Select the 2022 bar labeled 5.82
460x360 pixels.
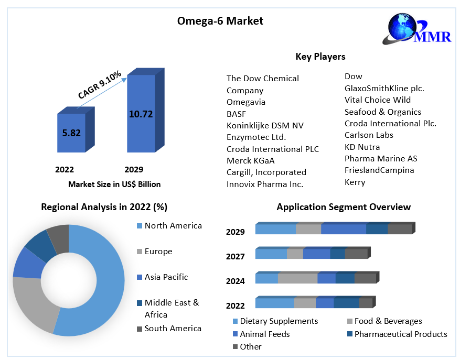(71, 133)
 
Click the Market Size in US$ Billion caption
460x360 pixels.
(114, 184)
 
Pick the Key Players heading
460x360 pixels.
(320, 57)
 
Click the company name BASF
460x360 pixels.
(236, 114)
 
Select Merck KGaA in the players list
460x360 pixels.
(251, 161)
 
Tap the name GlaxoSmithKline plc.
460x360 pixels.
(384, 88)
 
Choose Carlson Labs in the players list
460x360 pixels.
(369, 135)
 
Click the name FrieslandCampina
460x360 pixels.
(379, 170)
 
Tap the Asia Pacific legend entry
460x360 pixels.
(166, 277)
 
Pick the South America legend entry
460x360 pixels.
(173, 328)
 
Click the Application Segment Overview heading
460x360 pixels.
(344, 207)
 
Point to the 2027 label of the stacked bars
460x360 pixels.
(236, 256)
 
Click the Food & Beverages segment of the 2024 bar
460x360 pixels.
(297, 278)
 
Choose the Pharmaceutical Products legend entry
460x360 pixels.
(400, 334)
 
